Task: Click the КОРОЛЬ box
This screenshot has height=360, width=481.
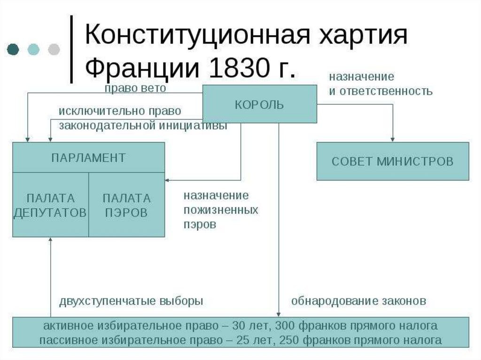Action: click(x=259, y=104)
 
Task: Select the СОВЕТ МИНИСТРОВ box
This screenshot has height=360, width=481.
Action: click(x=392, y=161)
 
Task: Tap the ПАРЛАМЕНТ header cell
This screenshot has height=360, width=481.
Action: click(x=88, y=157)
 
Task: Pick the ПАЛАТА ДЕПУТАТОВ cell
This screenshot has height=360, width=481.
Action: click(x=50, y=205)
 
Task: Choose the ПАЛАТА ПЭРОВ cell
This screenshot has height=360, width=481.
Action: click(x=126, y=205)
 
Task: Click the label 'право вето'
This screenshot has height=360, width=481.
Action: click(x=135, y=88)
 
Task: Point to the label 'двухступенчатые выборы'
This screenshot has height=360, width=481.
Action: click(x=131, y=301)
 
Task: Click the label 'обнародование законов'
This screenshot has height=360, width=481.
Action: click(x=358, y=301)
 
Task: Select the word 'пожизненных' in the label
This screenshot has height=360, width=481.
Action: click(x=221, y=210)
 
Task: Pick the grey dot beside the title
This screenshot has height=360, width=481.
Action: click(x=54, y=49)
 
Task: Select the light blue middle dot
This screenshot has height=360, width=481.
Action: click(x=33, y=49)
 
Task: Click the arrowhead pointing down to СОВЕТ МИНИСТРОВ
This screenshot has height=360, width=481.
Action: click(x=392, y=139)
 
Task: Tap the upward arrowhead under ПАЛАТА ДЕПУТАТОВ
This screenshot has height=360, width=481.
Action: click(x=50, y=240)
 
